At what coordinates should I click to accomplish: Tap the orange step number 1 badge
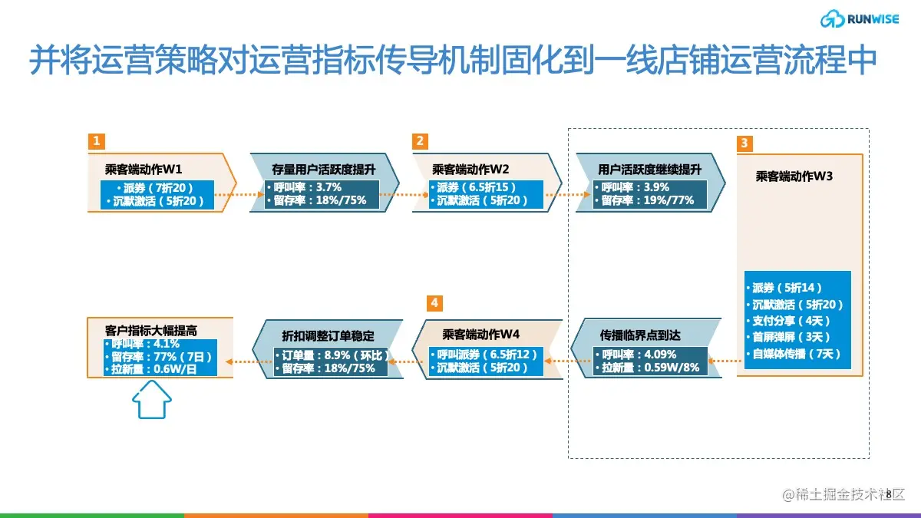tap(96, 141)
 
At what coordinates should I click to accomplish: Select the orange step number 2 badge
tap(419, 141)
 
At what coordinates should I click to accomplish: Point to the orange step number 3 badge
tap(744, 144)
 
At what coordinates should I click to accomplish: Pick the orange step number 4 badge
tap(434, 303)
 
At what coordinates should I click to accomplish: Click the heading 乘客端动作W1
tap(144, 169)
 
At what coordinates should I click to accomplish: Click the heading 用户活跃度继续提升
tap(649, 169)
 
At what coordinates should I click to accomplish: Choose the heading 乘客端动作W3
tap(794, 176)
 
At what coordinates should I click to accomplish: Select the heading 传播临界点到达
tap(640, 335)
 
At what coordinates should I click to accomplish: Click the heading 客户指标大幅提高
tap(151, 330)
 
